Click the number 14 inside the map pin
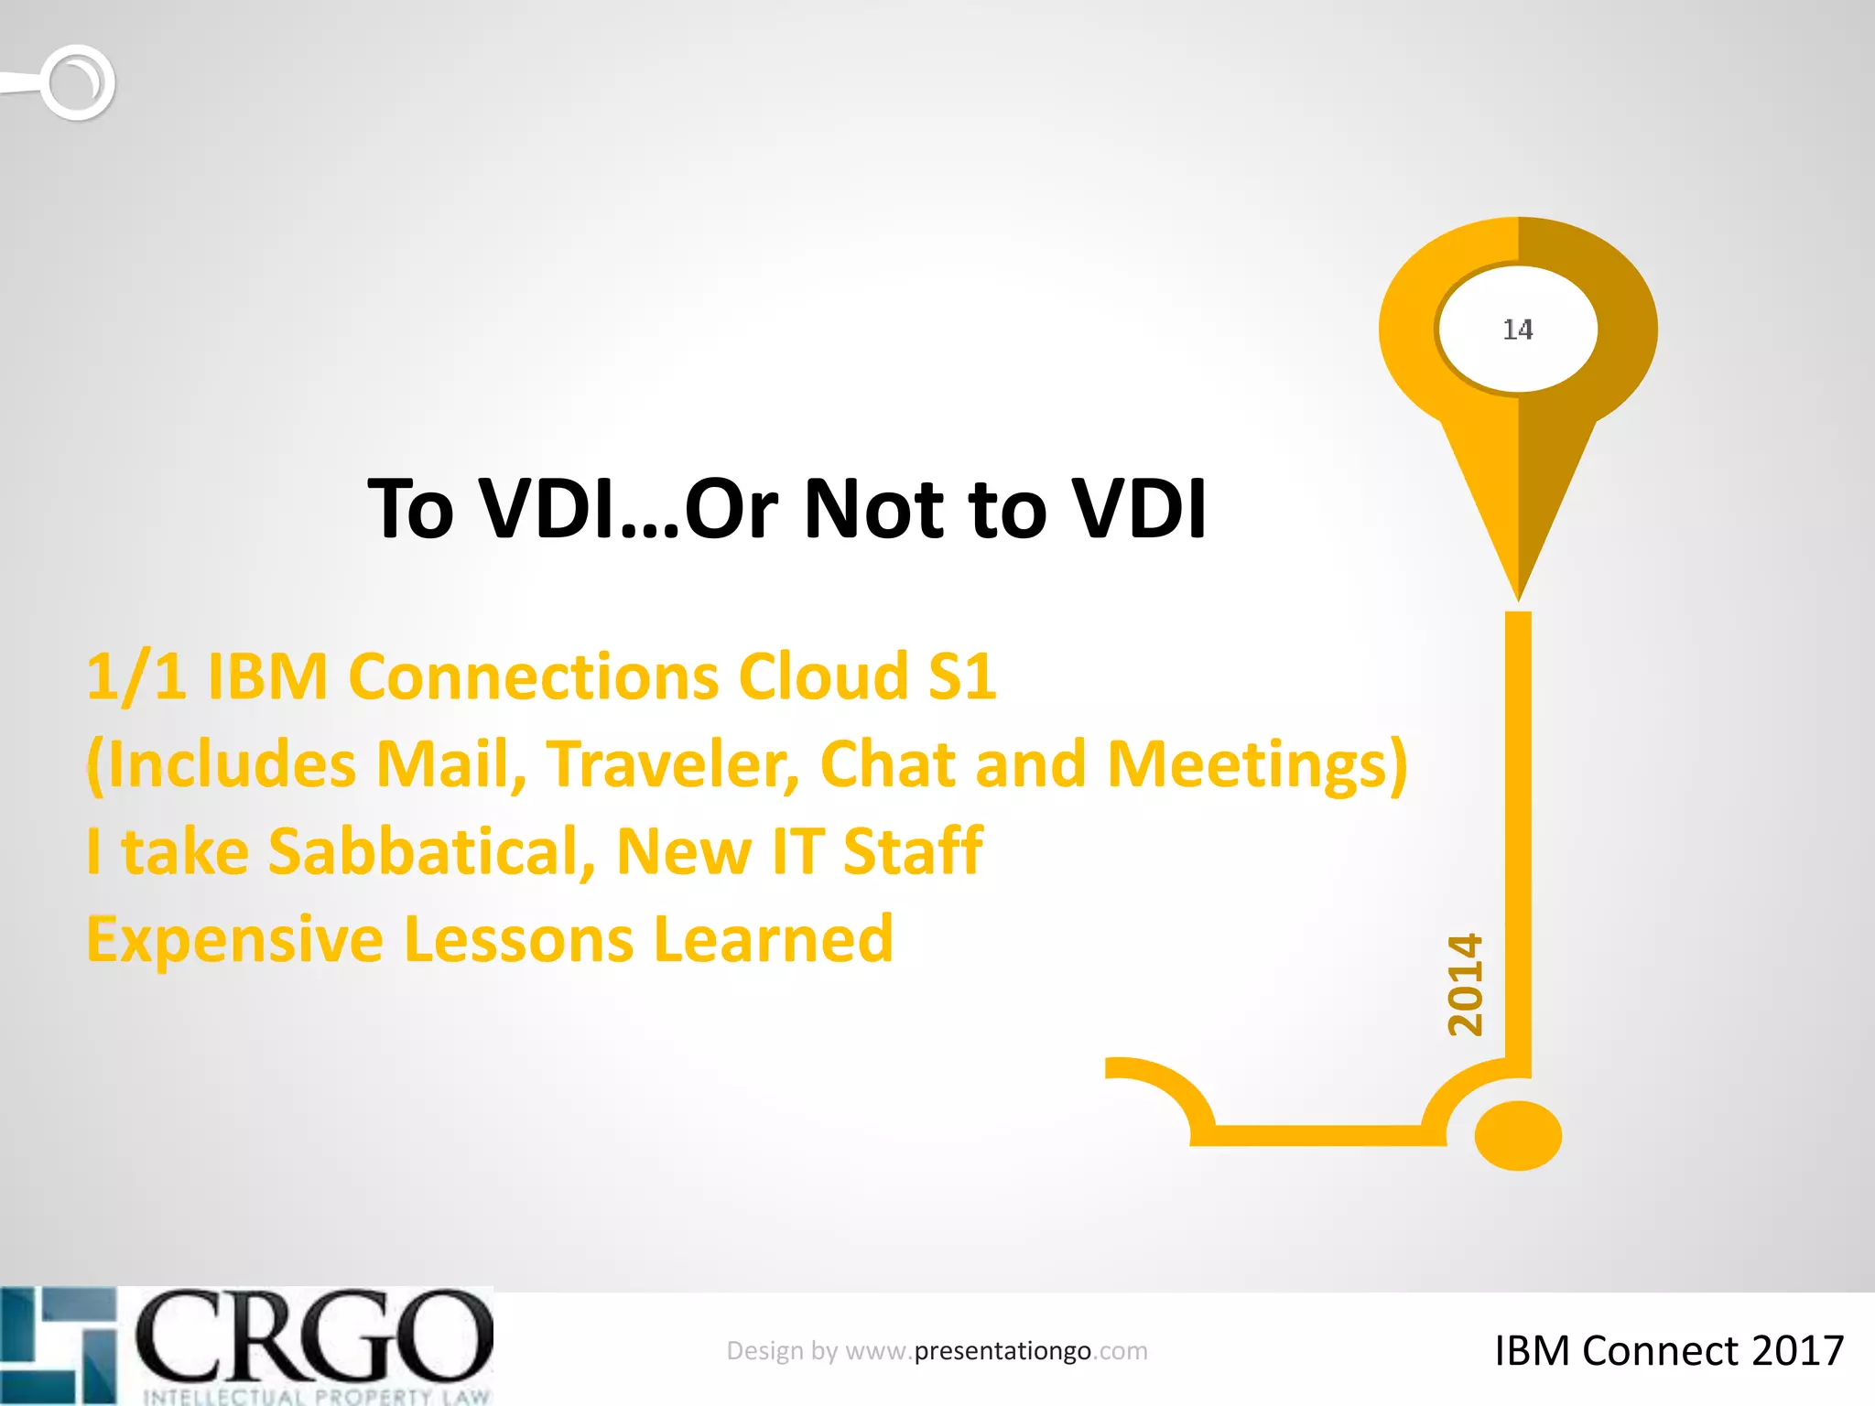[x=1518, y=330]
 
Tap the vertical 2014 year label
[x=1465, y=985]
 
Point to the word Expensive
[x=235, y=940]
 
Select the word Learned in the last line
[x=774, y=940]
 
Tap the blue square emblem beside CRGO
[x=59, y=1344]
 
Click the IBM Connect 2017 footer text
[x=1669, y=1351]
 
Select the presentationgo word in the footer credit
[x=1003, y=1351]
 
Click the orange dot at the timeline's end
[x=1518, y=1135]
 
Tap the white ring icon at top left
[x=79, y=82]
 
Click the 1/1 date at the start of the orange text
[x=136, y=677]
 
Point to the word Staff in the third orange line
[x=913, y=851]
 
